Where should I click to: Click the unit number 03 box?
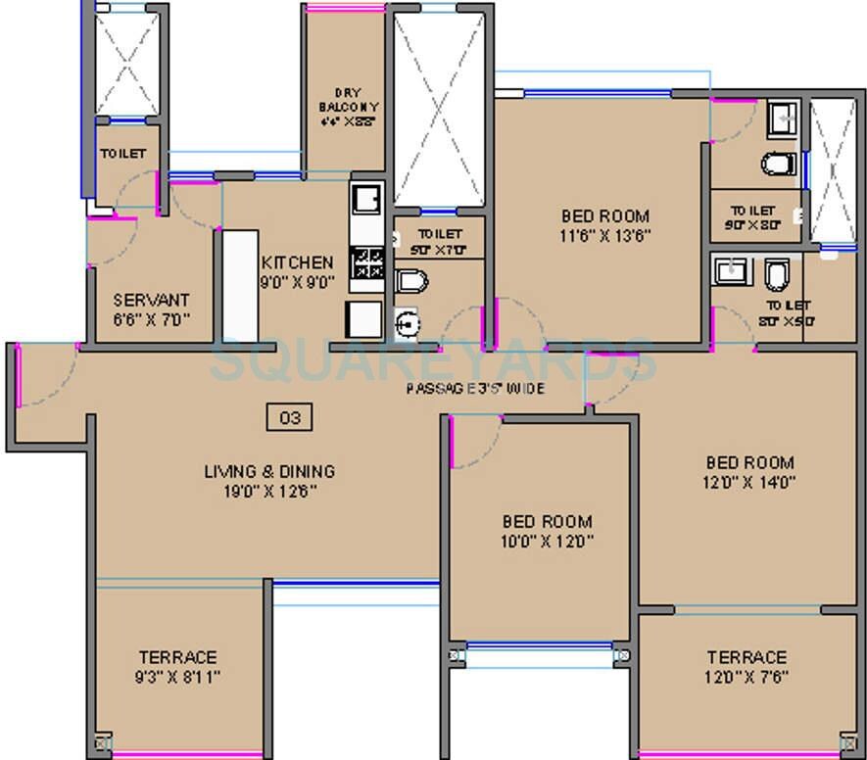290,418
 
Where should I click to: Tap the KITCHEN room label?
297,262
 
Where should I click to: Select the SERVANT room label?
151,300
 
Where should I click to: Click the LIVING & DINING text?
268,471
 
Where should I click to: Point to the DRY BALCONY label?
349,106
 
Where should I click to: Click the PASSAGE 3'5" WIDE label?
476,389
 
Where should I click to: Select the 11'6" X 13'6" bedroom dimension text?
605,235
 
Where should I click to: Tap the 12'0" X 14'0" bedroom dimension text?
750,482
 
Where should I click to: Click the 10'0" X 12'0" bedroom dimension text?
548,541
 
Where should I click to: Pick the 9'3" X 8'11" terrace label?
177,676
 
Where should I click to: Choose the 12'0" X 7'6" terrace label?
747,676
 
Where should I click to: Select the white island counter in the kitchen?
240,283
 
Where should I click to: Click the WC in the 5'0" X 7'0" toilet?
412,281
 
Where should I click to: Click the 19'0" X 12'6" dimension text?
268,491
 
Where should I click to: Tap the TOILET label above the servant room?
122,154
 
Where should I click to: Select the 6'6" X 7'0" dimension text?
151,318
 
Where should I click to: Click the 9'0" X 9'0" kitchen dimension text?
297,282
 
